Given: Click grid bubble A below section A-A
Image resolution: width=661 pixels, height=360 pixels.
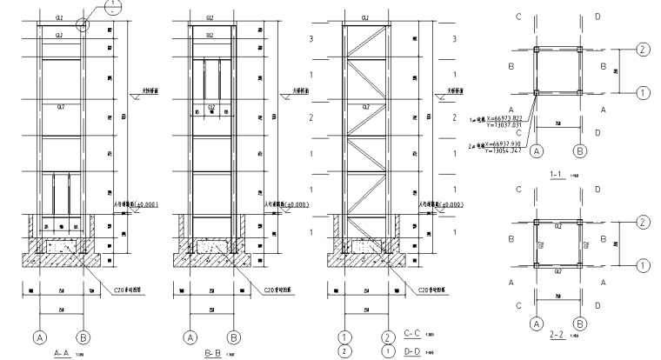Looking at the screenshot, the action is [x=38, y=335].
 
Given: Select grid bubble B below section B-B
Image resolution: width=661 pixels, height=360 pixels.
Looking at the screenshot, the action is [x=232, y=335].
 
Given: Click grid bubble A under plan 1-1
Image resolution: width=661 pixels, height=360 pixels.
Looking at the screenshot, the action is [x=537, y=150].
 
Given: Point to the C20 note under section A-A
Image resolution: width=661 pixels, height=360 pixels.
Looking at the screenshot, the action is [x=120, y=290].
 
